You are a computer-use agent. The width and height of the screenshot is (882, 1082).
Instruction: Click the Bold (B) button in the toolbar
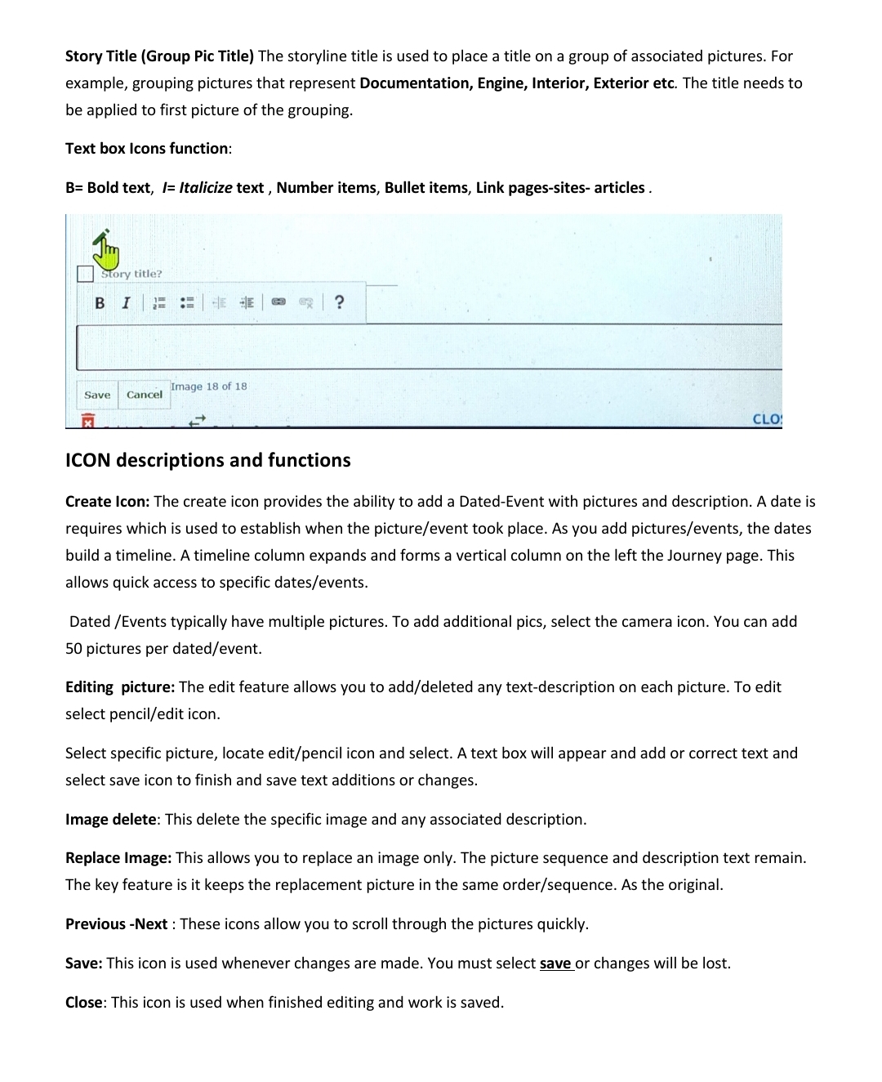coord(100,303)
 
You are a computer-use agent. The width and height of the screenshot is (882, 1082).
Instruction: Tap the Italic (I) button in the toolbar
coord(126,303)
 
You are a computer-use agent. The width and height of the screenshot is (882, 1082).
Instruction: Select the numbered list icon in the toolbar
coord(159,303)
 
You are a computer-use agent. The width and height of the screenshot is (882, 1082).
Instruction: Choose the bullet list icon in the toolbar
coord(187,303)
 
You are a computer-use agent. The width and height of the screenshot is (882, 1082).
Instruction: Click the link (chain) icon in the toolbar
coord(278,302)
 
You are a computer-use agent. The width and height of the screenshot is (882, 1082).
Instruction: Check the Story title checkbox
coord(85,274)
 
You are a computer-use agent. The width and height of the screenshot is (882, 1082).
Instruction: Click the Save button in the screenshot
coord(97,395)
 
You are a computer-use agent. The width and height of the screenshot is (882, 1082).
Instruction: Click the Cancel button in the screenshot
coord(144,395)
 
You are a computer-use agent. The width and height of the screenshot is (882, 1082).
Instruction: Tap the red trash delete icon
coord(87,420)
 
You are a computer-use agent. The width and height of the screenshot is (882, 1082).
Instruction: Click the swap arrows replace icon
coord(197,420)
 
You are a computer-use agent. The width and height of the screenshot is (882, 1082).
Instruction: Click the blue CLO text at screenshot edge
coord(766,419)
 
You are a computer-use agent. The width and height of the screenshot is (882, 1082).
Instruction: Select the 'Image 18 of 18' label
coord(208,387)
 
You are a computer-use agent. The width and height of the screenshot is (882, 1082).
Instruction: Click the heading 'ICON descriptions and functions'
coord(207,460)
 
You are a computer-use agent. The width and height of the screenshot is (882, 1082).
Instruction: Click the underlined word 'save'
coord(555,963)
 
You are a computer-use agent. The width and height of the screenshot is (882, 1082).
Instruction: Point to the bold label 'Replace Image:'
coord(118,857)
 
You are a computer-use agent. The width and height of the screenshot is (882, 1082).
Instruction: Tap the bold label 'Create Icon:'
coord(107,501)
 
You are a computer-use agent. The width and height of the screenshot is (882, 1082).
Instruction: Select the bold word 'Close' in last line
coord(84,1002)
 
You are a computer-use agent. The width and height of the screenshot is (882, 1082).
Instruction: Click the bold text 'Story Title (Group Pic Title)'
coord(159,56)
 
